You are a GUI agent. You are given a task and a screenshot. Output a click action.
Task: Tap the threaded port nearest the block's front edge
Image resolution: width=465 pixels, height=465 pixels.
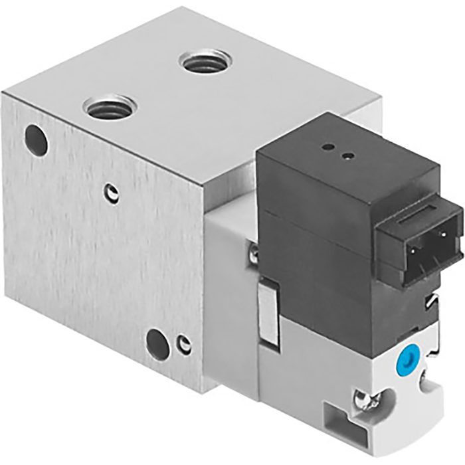(x=110, y=106)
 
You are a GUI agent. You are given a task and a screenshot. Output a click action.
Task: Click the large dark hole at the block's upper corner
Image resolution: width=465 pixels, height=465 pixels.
(x=36, y=140)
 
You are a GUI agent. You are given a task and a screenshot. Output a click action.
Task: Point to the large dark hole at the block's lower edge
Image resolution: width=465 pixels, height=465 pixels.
(x=157, y=345)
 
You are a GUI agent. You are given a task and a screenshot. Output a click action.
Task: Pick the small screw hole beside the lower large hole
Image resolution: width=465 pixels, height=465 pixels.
(x=185, y=345)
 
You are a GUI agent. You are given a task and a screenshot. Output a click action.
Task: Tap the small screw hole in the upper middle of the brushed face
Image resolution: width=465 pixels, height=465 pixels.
(x=114, y=193)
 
